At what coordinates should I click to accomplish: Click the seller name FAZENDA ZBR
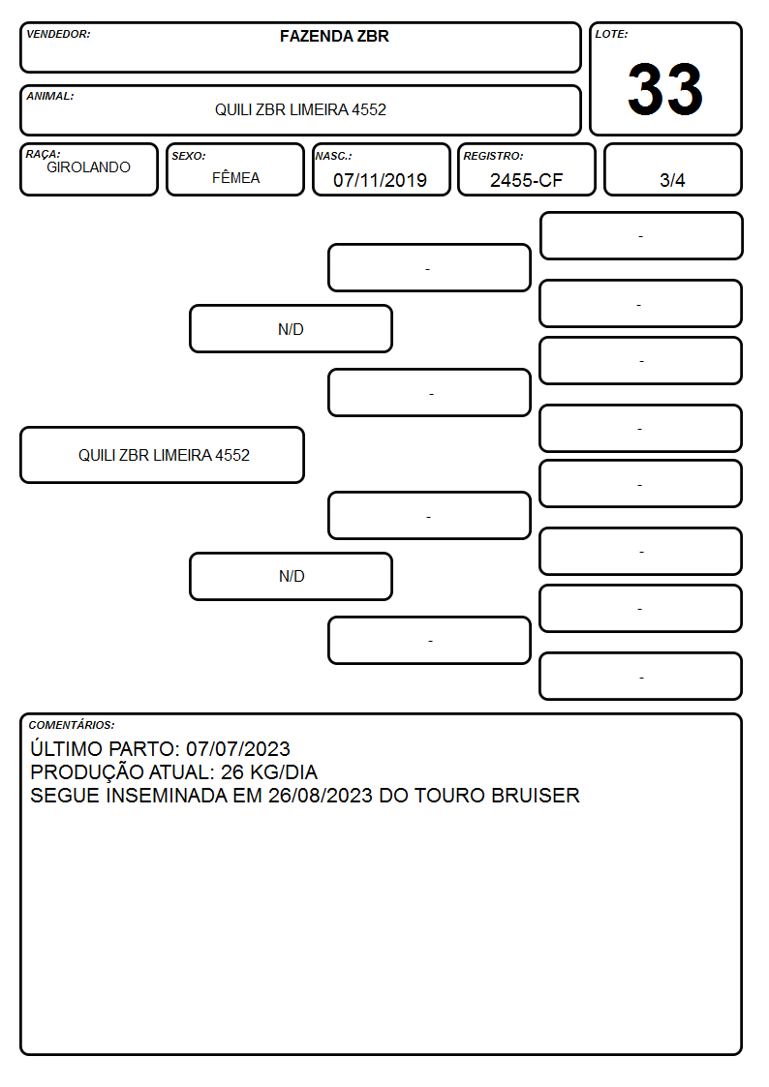click(x=334, y=36)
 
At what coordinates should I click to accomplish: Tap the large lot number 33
click(x=665, y=89)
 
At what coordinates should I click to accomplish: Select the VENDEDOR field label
click(x=58, y=34)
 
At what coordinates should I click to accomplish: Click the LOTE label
click(x=611, y=34)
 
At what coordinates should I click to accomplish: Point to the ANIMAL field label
click(x=50, y=97)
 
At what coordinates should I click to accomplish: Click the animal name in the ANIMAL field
click(x=300, y=109)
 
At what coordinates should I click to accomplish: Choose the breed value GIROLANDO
click(x=88, y=167)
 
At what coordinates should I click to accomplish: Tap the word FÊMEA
click(x=235, y=177)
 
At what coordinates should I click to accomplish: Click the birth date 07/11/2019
click(x=380, y=180)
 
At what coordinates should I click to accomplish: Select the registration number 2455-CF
click(x=526, y=180)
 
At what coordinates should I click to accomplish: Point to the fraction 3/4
click(x=672, y=180)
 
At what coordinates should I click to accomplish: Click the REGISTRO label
click(x=493, y=157)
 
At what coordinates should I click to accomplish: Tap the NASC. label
click(x=333, y=157)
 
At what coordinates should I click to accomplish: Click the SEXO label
click(x=189, y=157)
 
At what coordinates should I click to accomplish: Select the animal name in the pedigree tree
click(x=164, y=456)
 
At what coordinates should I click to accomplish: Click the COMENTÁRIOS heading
click(x=72, y=725)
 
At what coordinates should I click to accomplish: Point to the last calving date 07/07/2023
click(x=238, y=748)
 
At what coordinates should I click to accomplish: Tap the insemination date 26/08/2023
click(x=321, y=795)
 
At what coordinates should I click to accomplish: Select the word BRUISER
click(x=536, y=795)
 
